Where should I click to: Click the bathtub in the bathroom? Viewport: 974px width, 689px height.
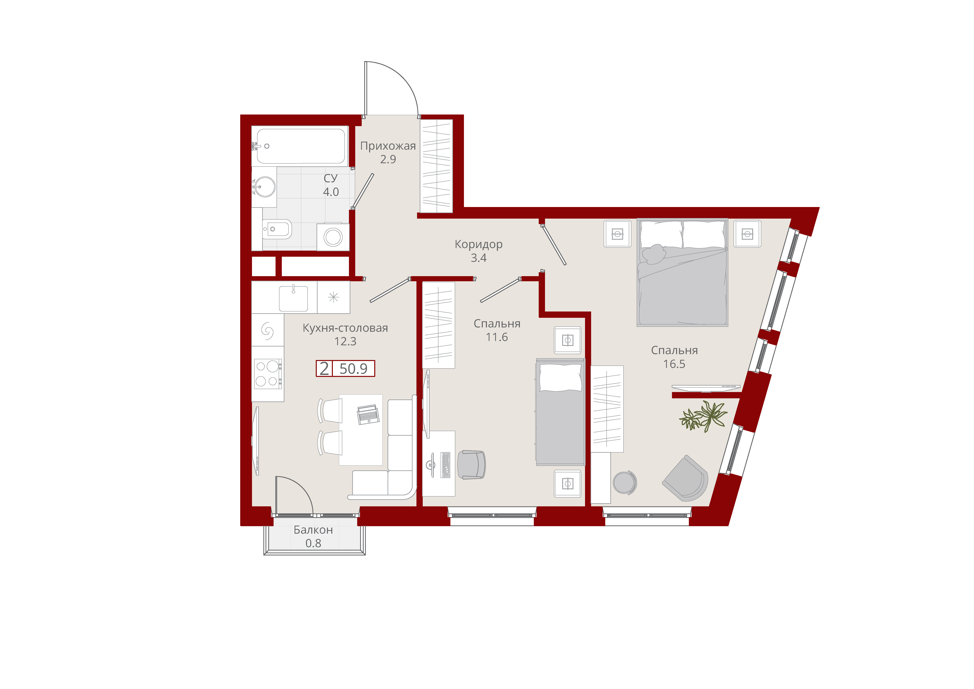point(300,146)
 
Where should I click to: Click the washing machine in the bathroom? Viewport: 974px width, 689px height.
point(333,237)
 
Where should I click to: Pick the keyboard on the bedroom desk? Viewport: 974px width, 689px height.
point(445,465)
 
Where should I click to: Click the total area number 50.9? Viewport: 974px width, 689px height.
point(353,368)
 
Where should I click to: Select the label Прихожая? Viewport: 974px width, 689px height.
point(388,146)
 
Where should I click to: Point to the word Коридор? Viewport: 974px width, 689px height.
point(478,245)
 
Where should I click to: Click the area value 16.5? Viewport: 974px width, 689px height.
point(674,364)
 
